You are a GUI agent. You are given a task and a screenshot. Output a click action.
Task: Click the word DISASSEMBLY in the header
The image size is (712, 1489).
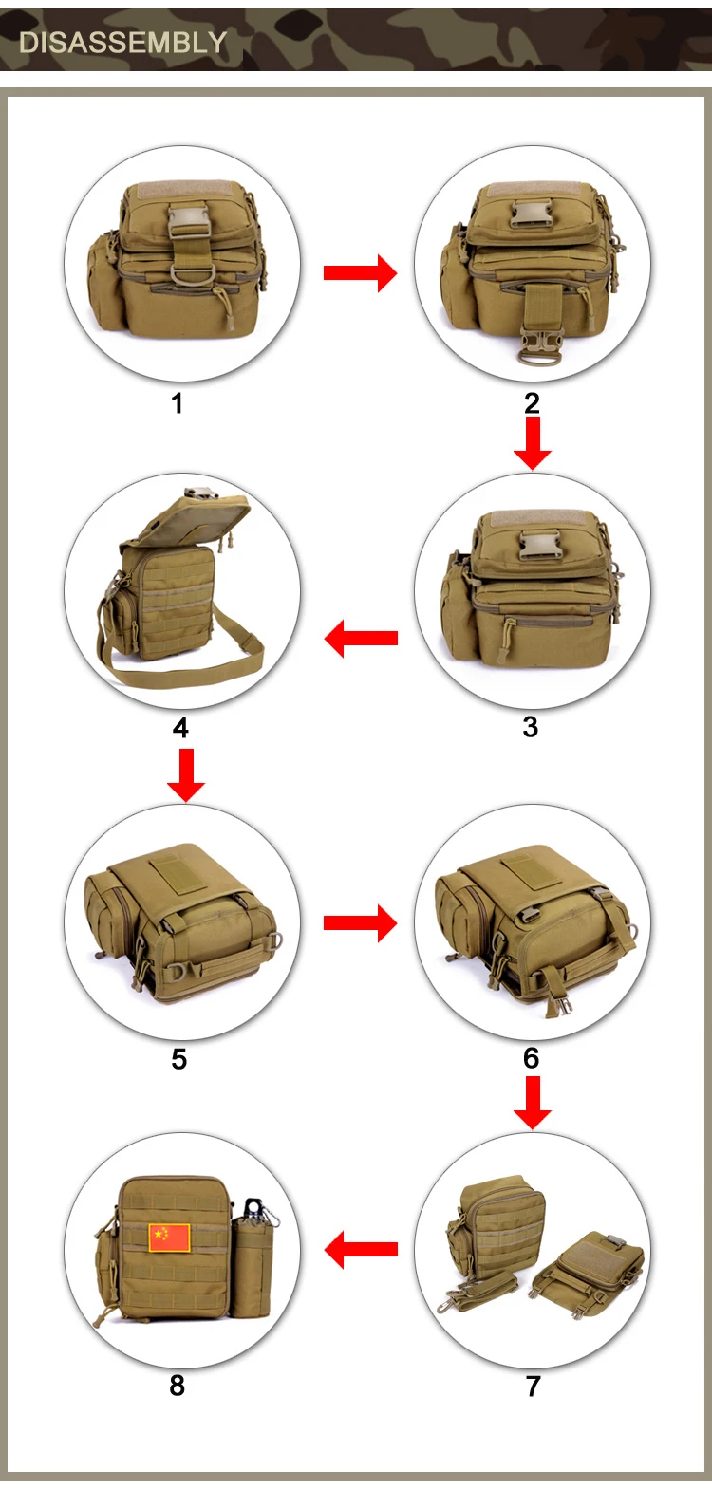pos(123,43)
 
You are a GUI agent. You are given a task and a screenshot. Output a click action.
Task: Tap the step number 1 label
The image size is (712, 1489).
pos(177,403)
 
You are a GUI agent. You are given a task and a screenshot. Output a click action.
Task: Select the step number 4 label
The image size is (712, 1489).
pos(180,728)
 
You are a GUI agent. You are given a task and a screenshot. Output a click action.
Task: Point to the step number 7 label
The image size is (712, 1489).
pos(533,1386)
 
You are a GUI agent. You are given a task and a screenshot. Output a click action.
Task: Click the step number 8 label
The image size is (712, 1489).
pos(177,1386)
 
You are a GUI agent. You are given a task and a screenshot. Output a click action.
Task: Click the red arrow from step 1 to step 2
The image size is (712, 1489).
pos(361,272)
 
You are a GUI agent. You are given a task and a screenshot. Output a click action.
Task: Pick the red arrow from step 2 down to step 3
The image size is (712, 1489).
pos(532,442)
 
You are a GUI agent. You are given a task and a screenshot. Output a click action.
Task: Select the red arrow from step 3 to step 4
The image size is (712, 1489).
pos(361,638)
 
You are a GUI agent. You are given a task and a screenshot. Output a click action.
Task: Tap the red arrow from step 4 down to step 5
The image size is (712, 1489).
pos(186,775)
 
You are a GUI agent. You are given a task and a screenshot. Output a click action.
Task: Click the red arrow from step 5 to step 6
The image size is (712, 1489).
pos(361,922)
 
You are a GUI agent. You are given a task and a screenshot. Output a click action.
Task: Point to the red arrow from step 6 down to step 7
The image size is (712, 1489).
pos(532,1102)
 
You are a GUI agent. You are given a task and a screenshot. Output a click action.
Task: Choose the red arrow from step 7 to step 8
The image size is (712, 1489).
pos(361,1250)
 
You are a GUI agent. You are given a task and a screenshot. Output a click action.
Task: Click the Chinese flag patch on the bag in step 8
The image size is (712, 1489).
pos(169,1238)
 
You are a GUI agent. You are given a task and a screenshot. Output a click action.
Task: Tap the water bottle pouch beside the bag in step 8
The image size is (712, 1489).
pos(252,1265)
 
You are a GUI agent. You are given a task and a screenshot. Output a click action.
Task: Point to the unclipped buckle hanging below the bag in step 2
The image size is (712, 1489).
pos(538,347)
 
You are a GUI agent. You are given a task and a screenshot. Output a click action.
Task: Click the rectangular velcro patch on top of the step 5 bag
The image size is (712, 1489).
pos(177,874)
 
